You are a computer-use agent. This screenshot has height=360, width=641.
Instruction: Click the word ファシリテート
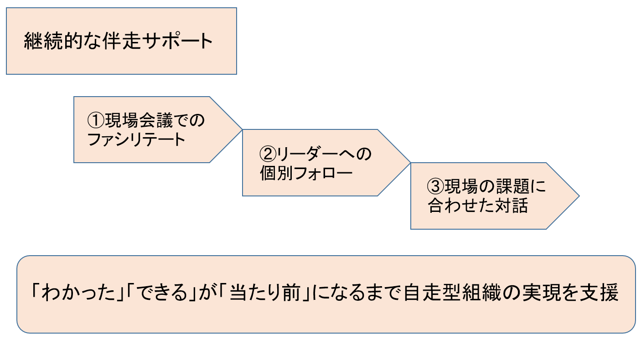(136, 139)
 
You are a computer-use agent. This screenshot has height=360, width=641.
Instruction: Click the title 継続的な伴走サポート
(118, 41)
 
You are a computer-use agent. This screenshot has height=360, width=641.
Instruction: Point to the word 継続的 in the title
(50, 41)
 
